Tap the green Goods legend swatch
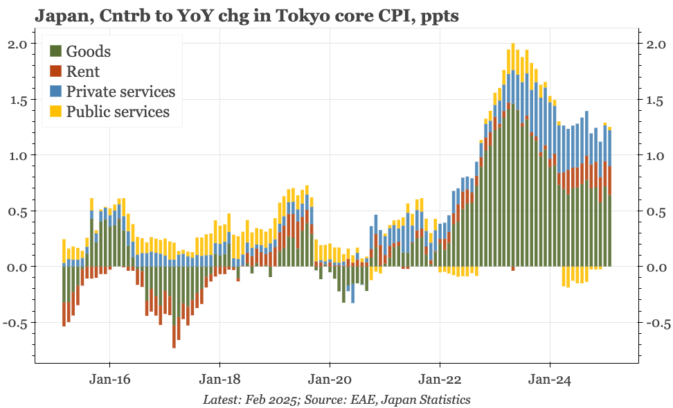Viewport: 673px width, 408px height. click(56, 51)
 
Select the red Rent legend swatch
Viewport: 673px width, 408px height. click(56, 71)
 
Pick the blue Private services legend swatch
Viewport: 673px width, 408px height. click(56, 91)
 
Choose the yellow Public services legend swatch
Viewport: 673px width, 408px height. click(56, 112)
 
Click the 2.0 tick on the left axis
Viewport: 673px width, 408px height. click(17, 44)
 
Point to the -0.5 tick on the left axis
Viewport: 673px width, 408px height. click(15, 323)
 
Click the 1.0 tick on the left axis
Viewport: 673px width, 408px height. click(17, 156)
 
